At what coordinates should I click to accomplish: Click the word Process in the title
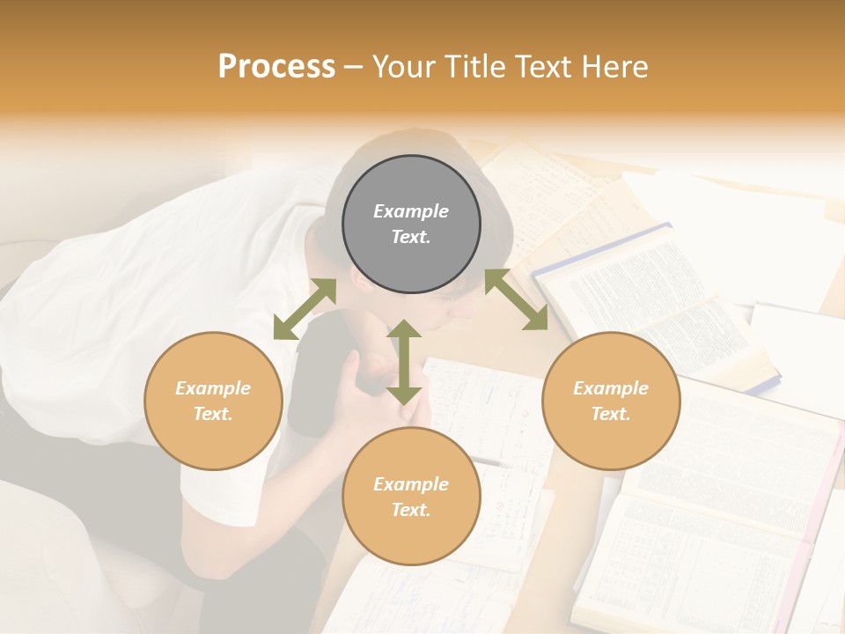[x=276, y=67]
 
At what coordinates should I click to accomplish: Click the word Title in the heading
[x=476, y=67]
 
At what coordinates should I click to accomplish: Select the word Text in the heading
[x=543, y=67]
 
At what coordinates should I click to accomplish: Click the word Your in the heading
[x=406, y=67]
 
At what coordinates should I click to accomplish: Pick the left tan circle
[x=213, y=401]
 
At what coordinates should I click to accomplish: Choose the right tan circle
[x=611, y=401]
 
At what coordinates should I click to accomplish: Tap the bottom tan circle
[x=411, y=497]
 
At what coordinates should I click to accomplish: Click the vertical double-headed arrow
[x=403, y=363]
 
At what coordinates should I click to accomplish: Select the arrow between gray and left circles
[x=305, y=309]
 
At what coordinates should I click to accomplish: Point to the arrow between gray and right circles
[x=516, y=300]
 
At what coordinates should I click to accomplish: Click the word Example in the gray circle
[x=411, y=211]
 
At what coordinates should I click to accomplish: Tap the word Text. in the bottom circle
[x=411, y=510]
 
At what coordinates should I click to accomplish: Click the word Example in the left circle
[x=213, y=388]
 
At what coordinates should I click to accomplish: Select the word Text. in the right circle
[x=611, y=414]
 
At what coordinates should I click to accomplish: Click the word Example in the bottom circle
[x=411, y=484]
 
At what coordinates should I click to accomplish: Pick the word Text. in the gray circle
[x=411, y=237]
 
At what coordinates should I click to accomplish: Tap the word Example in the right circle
[x=611, y=388]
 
